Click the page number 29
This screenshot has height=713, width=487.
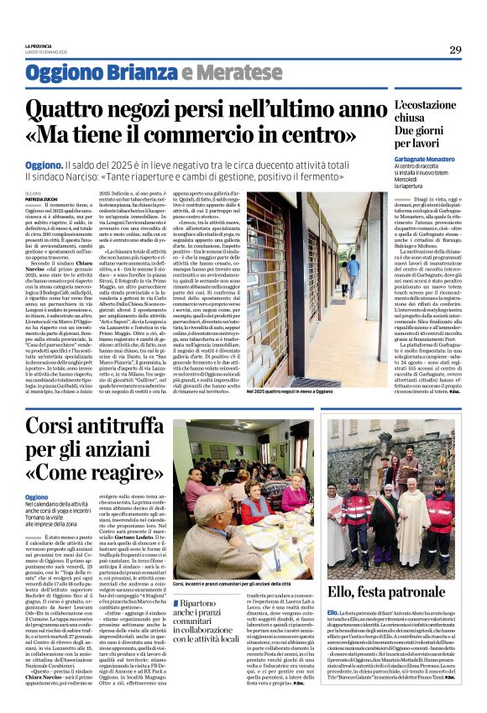point(455,50)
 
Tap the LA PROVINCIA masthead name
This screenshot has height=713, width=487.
point(38,45)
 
